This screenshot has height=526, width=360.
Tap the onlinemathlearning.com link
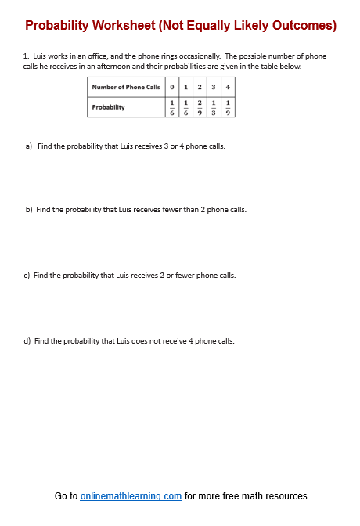click(x=131, y=496)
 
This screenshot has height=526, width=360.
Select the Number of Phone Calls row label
click(x=126, y=87)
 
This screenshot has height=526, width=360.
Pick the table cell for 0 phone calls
click(x=171, y=87)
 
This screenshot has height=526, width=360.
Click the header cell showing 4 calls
click(x=227, y=87)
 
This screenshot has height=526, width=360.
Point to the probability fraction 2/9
click(x=200, y=107)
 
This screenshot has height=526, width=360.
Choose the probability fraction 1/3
click(x=214, y=107)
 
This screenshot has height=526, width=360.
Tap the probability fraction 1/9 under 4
click(x=227, y=107)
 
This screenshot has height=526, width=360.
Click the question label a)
click(x=30, y=146)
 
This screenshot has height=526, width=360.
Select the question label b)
click(x=30, y=210)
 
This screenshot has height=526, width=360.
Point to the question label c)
click(x=28, y=276)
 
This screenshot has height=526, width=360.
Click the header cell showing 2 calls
click(x=200, y=87)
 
